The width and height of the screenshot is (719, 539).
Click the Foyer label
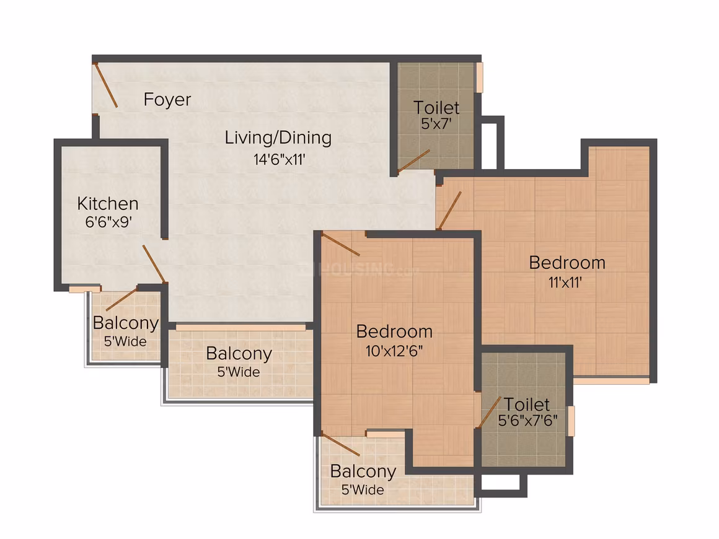click(167, 100)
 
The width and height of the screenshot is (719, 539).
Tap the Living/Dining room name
click(278, 138)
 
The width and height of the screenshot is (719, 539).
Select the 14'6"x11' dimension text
click(280, 159)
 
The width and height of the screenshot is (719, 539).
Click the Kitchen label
click(108, 203)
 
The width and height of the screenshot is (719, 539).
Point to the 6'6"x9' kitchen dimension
click(108, 222)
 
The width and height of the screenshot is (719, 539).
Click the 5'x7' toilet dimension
click(436, 123)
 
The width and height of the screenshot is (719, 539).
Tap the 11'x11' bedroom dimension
click(565, 283)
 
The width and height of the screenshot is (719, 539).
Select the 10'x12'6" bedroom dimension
click(394, 351)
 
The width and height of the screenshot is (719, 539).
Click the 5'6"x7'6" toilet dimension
click(528, 420)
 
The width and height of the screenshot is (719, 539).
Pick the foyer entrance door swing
click(105, 85)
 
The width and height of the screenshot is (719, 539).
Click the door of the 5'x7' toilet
click(413, 161)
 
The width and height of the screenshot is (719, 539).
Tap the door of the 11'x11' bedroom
click(449, 210)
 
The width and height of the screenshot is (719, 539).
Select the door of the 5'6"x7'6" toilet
click(489, 412)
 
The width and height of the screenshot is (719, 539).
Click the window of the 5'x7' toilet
click(479, 77)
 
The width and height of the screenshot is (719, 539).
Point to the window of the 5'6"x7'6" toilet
click(571, 421)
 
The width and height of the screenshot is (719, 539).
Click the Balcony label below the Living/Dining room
click(239, 353)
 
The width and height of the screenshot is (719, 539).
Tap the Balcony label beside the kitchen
click(126, 323)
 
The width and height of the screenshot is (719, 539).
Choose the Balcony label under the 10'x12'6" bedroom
click(363, 471)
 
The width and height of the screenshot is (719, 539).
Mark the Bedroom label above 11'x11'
click(567, 263)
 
